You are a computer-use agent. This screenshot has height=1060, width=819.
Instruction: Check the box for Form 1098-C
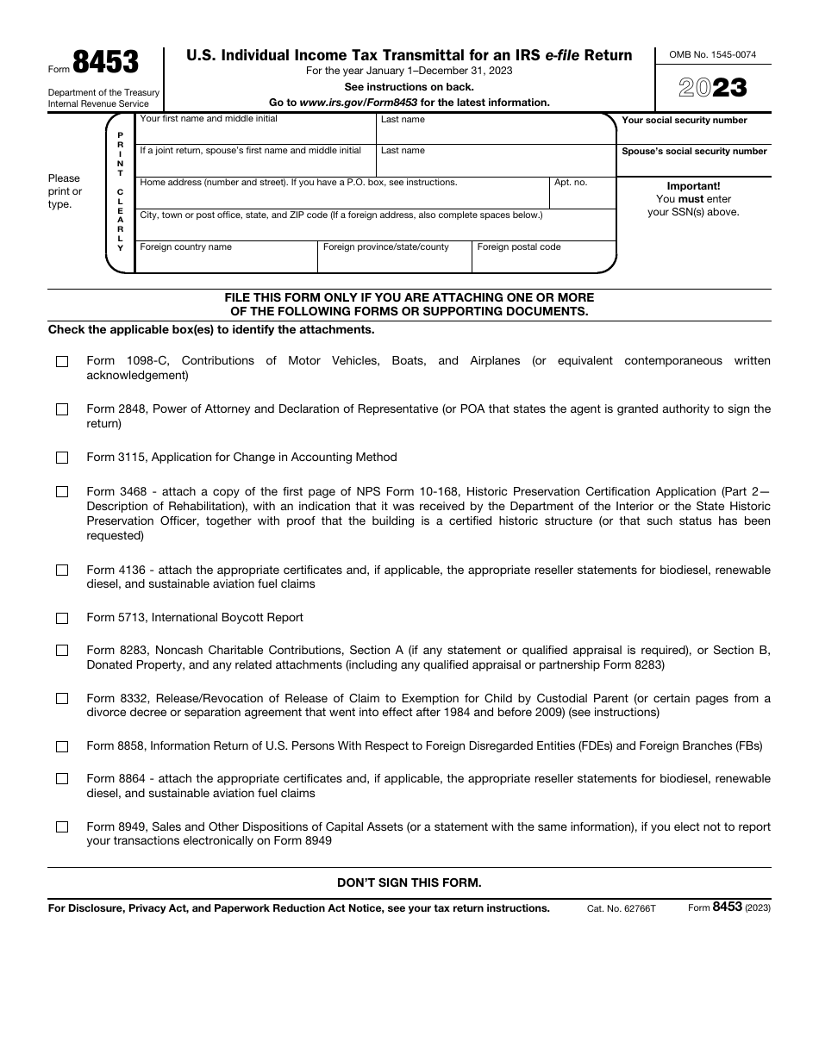(x=62, y=362)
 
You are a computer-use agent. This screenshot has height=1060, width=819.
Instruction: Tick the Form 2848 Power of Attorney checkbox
(x=62, y=410)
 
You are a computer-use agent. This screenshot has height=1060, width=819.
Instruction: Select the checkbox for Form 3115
(x=62, y=458)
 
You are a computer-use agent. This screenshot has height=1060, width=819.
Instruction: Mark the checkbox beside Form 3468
(x=62, y=492)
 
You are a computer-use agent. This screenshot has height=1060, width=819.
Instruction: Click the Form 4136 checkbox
(x=62, y=571)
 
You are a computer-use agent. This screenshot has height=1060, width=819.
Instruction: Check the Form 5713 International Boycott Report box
(x=62, y=619)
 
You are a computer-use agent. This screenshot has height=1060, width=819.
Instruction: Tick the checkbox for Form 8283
(x=62, y=651)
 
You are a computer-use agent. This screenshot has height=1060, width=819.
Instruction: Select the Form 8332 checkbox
(x=62, y=699)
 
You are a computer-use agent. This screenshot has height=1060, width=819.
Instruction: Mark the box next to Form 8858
(x=62, y=747)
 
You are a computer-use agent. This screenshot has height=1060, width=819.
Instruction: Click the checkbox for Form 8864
(x=62, y=779)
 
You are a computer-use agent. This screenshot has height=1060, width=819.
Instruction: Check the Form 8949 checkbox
(x=62, y=827)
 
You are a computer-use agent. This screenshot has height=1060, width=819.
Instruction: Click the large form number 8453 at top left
(x=105, y=63)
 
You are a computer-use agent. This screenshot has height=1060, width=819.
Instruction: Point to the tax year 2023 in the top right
(x=712, y=88)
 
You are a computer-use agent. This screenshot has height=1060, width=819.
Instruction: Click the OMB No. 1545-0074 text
(x=712, y=54)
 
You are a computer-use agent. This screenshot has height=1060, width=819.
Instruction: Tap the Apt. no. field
(x=583, y=197)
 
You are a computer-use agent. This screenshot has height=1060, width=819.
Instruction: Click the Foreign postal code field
(x=544, y=260)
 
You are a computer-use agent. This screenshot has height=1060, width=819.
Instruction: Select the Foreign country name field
(x=227, y=260)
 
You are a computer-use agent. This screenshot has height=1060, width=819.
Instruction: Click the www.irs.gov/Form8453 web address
(x=359, y=103)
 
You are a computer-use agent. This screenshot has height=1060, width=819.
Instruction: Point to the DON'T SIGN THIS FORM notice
(x=409, y=882)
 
